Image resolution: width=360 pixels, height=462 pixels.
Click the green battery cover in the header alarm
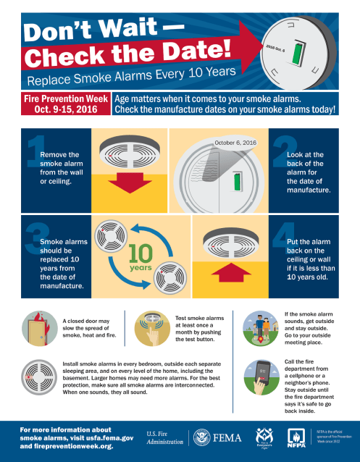coord(295,59)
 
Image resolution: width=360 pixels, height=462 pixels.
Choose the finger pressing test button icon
coord(148,327)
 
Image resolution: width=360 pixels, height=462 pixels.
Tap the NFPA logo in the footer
coord(297,437)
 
